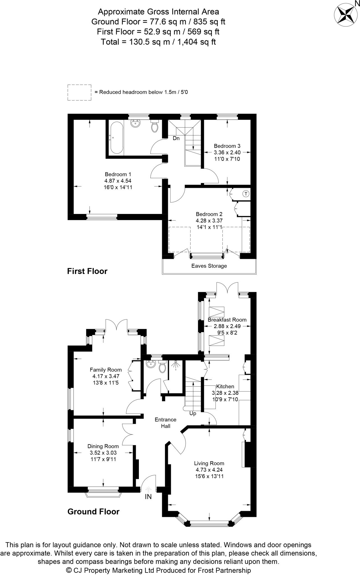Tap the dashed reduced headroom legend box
pyautogui.click(x=79, y=92)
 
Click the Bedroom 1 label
pyautogui.click(x=118, y=174)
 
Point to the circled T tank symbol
pyautogui.click(x=246, y=194)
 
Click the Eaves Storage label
pyautogui.click(x=209, y=266)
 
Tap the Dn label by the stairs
pyautogui.click(x=176, y=138)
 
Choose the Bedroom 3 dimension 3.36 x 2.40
pyautogui.click(x=227, y=152)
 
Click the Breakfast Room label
pyautogui.click(x=227, y=320)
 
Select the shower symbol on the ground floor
pyautogui.click(x=176, y=366)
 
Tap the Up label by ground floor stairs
pyautogui.click(x=193, y=414)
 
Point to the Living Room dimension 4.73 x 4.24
pyautogui.click(x=209, y=470)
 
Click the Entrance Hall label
pyautogui.click(x=166, y=423)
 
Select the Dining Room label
pyautogui.click(x=103, y=446)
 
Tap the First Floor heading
pyautogui.click(x=87, y=271)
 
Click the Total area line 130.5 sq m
pyautogui.click(x=158, y=42)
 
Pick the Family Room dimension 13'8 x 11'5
pyautogui.click(x=106, y=382)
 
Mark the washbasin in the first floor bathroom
pyautogui.click(x=136, y=123)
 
